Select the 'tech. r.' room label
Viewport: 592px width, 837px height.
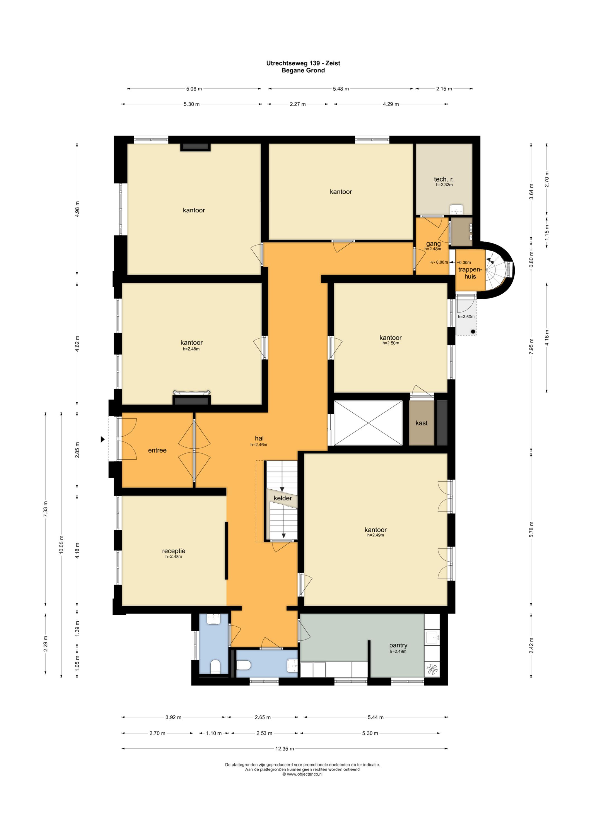tap(444, 179)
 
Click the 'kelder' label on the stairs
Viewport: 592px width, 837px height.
tap(283, 498)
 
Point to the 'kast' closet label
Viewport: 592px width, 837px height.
tap(421, 423)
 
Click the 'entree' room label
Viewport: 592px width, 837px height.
tap(157, 450)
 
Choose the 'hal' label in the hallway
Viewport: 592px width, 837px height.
tap(259, 438)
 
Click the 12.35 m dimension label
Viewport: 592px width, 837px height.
tap(284, 749)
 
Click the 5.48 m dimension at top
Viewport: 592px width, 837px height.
tap(341, 89)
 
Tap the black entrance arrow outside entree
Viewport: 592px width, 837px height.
tap(102, 440)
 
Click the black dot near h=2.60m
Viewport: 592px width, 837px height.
tap(473, 332)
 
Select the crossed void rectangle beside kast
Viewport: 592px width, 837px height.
tap(368, 423)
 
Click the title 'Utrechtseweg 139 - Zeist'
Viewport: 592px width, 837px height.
tap(303, 63)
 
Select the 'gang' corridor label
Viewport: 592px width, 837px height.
tap(434, 244)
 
